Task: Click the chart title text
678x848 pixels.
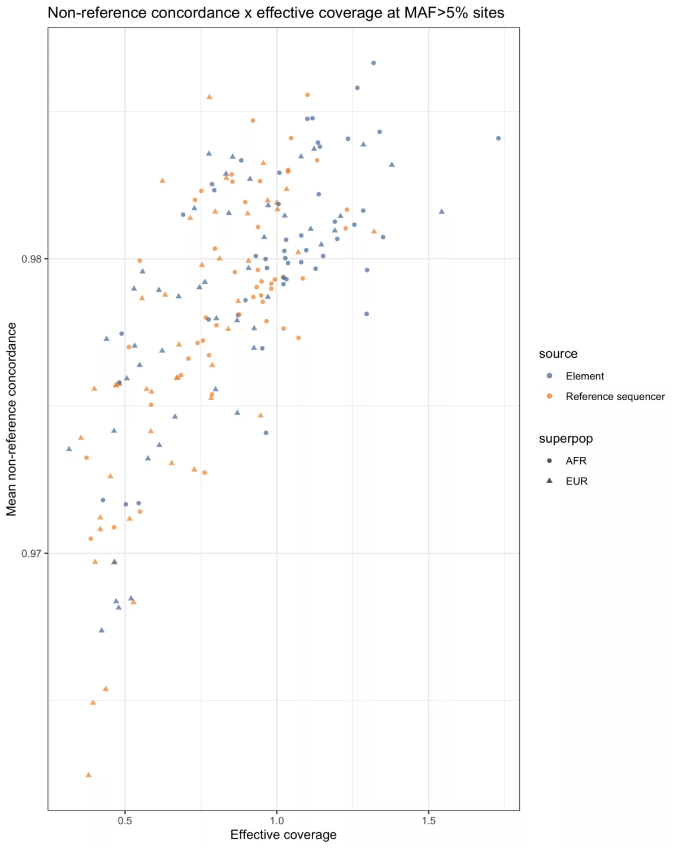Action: coord(276,12)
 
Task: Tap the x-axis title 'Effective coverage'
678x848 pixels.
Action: coord(283,835)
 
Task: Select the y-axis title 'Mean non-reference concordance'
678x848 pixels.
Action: coord(11,419)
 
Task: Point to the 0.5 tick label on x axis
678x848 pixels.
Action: coord(125,821)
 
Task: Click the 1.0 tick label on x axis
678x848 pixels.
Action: coord(277,821)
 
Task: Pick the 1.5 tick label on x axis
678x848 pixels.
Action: coord(428,821)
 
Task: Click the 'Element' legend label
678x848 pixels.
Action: coord(585,377)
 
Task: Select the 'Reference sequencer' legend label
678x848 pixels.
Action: coord(615,397)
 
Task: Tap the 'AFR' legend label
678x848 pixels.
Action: coord(576,461)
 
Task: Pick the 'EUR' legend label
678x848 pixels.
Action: coord(576,482)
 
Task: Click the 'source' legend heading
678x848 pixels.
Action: coord(558,354)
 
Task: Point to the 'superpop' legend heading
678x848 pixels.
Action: coord(566,439)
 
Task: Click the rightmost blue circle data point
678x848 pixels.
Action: coord(498,139)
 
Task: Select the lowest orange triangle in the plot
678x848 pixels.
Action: coord(88,775)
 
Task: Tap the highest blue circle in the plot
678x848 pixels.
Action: coord(373,63)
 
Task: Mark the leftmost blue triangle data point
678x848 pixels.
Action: coord(69,449)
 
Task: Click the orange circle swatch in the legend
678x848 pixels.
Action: coord(549,397)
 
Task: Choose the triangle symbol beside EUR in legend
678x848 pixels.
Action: coord(549,481)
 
